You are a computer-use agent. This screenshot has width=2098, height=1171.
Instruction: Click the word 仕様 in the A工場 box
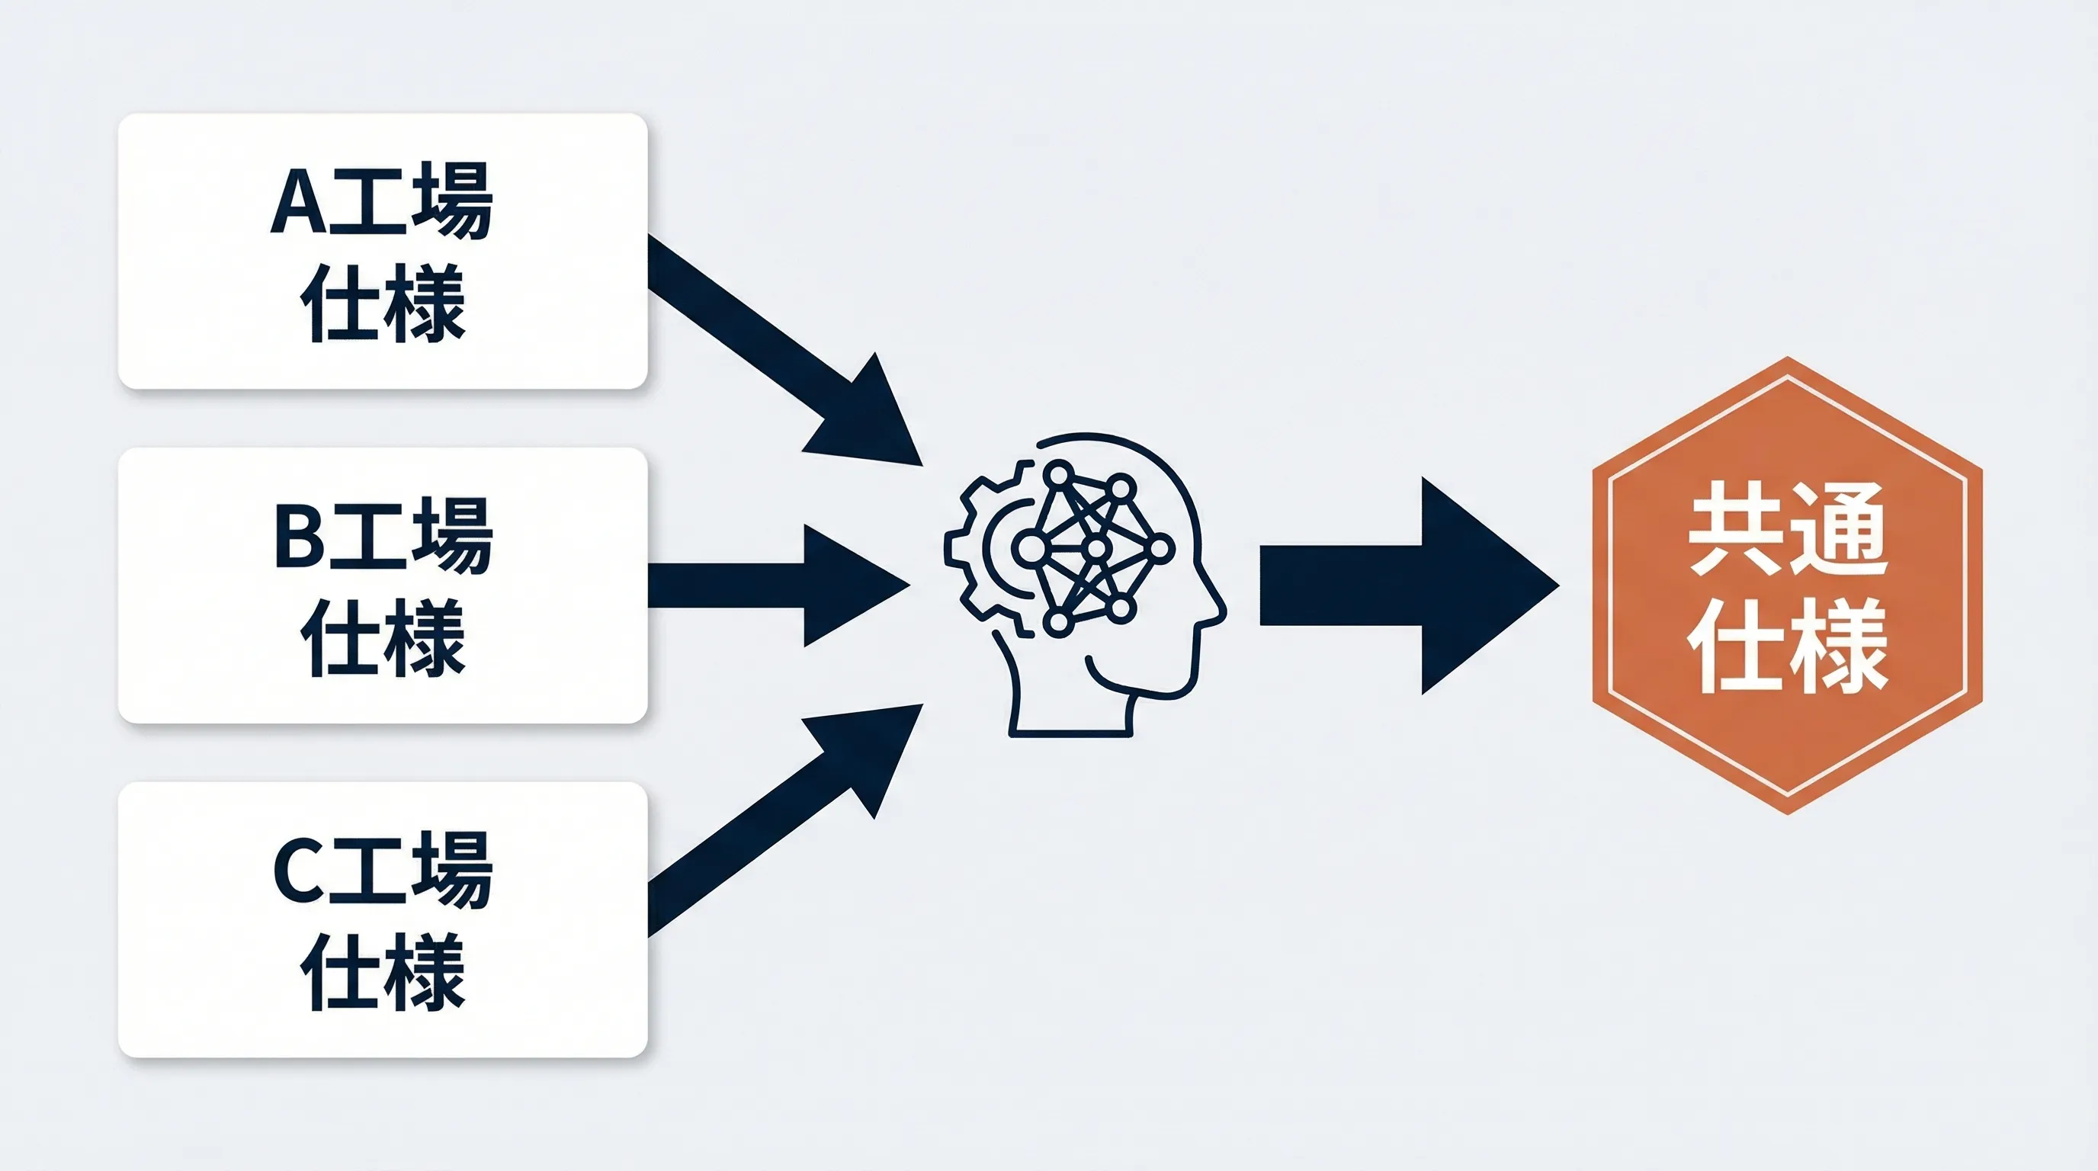click(383, 302)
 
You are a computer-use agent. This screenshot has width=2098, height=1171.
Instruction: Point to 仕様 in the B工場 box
click(383, 637)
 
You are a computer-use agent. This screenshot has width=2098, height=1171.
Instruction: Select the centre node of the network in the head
click(1096, 548)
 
